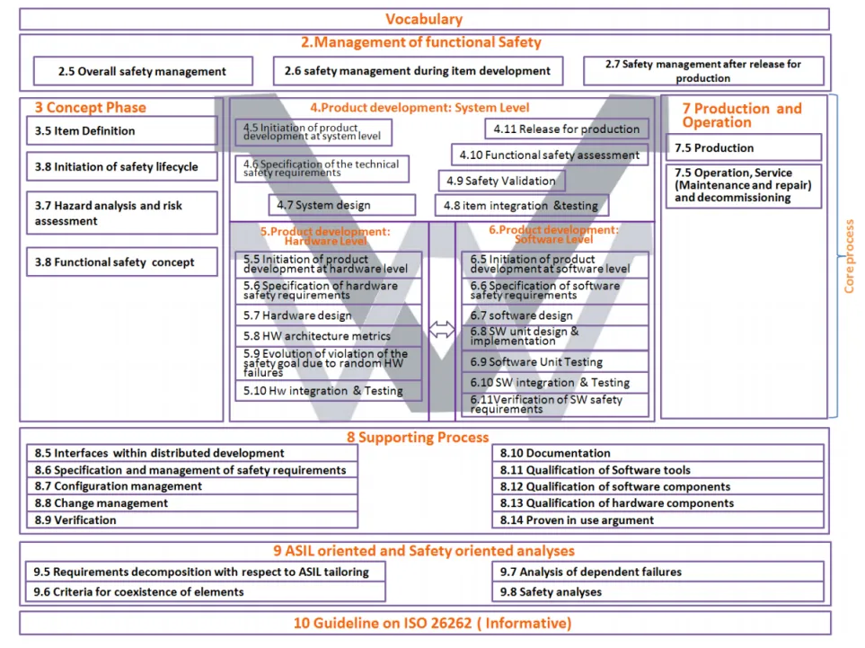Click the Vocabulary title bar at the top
click(x=424, y=19)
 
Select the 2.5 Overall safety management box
click(x=143, y=71)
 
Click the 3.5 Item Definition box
click(x=121, y=131)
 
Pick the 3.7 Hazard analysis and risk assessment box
click(x=121, y=213)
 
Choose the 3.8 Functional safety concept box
click(x=121, y=262)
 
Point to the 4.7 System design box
click(x=341, y=205)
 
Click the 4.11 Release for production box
click(x=566, y=129)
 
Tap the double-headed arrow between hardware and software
click(x=441, y=330)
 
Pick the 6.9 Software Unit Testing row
click(x=555, y=362)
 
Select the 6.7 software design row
click(x=555, y=315)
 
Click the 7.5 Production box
click(x=743, y=147)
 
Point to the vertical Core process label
click(x=850, y=256)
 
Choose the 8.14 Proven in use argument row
click(x=660, y=519)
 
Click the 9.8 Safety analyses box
click(x=660, y=591)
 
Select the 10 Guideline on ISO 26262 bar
click(x=424, y=623)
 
